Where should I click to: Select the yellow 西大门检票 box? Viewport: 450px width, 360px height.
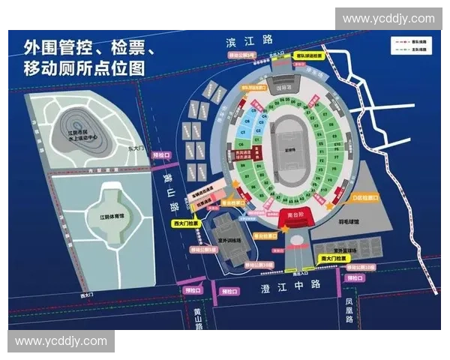coord(184,223)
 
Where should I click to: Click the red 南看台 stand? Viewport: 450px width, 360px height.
coord(296,215)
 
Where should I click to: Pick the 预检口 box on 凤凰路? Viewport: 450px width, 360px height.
coord(354,278)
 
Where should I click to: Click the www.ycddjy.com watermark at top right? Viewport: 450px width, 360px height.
coord(388,19)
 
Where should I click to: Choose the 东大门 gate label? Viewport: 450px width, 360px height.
coord(136,148)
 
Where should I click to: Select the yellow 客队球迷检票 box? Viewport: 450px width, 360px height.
coord(307,55)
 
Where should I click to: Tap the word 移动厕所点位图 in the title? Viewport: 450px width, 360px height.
coord(83,68)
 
